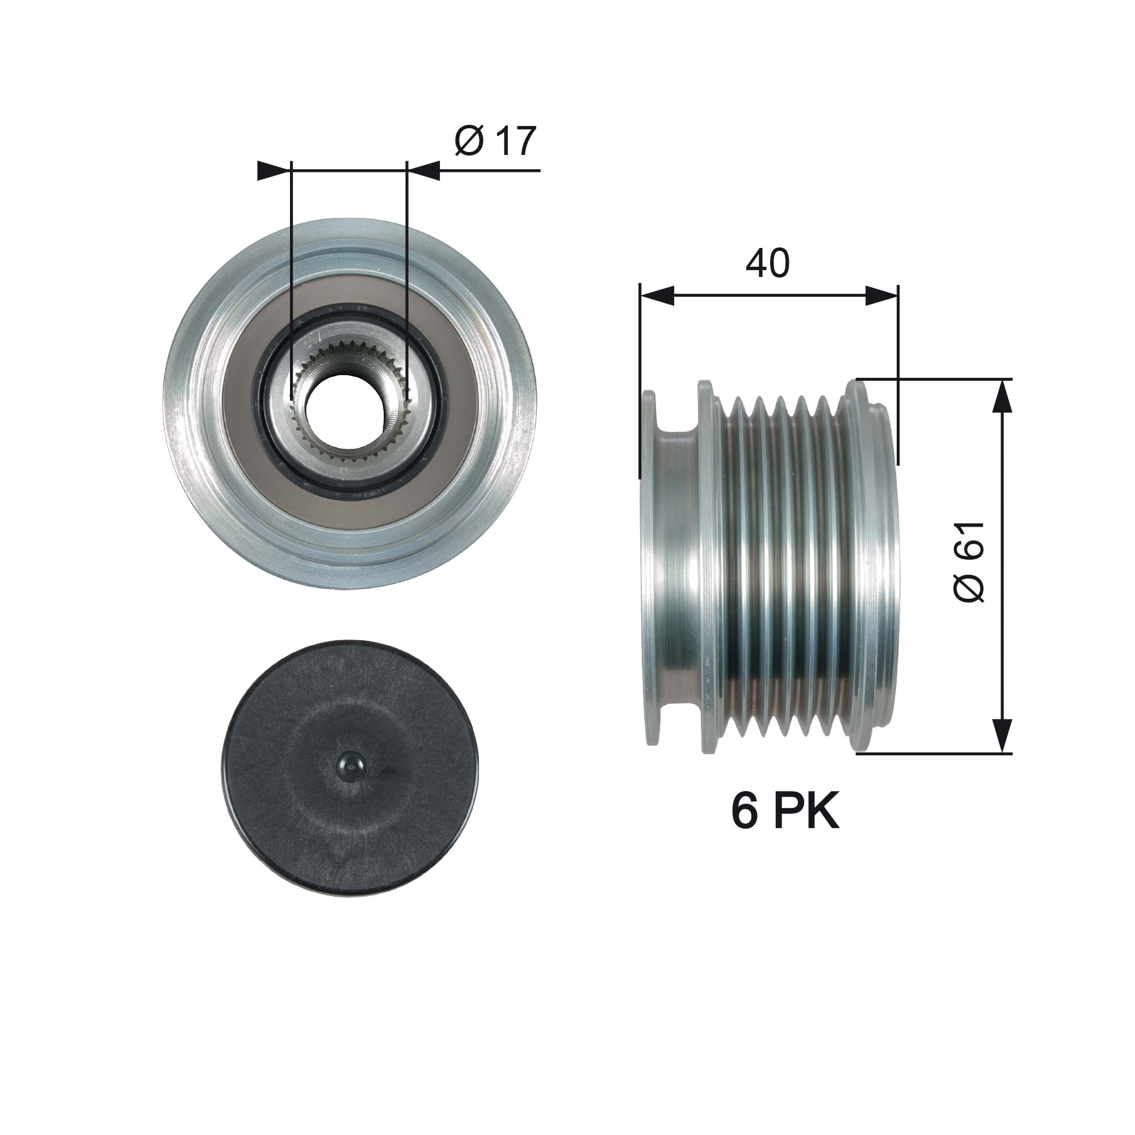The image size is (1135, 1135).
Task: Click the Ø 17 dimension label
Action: tap(495, 141)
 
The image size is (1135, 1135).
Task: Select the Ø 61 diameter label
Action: tap(969, 562)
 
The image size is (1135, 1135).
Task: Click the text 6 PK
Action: tap(785, 811)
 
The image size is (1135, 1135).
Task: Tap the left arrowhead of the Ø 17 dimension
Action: tap(274, 170)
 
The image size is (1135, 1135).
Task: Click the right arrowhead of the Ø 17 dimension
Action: tap(424, 170)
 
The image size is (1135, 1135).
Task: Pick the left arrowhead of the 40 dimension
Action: tap(657, 296)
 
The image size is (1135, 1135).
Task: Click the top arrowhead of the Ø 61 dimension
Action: tap(1003, 396)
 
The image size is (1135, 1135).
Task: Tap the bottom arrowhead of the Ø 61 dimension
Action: tap(1003, 735)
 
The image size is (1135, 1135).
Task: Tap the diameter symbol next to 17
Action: tap(469, 141)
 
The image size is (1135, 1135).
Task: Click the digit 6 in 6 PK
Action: tap(745, 811)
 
